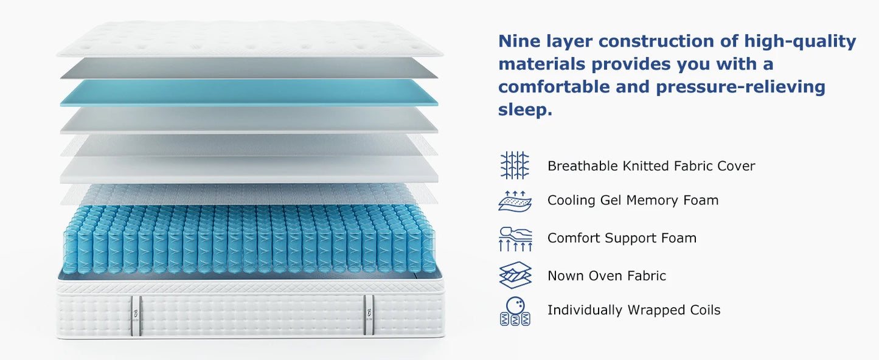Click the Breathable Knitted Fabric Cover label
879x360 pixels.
click(x=651, y=166)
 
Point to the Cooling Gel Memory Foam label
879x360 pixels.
click(x=633, y=200)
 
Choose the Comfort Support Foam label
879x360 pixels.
click(x=622, y=238)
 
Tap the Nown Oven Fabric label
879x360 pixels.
click(x=606, y=275)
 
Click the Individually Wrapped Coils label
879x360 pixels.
click(x=633, y=310)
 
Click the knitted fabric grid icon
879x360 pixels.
click(x=515, y=165)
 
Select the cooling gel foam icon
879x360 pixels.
click(x=515, y=200)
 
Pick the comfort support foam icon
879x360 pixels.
click(x=515, y=238)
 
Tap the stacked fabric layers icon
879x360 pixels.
click(x=515, y=275)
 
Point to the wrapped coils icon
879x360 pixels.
click(x=515, y=311)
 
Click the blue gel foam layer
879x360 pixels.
click(x=249, y=92)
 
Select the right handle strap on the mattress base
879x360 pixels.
click(x=368, y=315)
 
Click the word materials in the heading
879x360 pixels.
click(x=541, y=64)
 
